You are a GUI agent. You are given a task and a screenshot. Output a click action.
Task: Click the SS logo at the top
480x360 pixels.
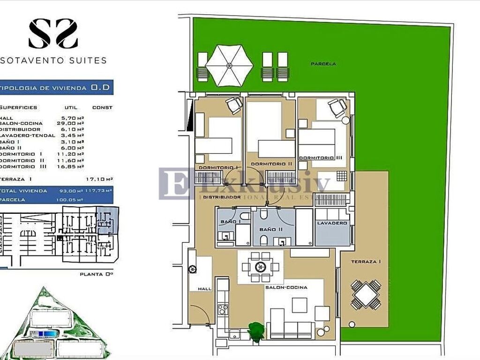[53, 33]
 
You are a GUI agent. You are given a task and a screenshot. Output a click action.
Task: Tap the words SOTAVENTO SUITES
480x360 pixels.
[53, 60]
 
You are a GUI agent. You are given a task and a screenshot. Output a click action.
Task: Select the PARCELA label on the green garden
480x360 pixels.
[323, 64]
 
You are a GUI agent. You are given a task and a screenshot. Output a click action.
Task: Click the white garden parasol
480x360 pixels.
[229, 66]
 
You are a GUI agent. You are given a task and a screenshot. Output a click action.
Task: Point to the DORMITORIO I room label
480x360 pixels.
[218, 167]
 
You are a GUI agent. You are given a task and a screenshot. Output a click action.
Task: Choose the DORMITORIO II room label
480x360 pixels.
[271, 164]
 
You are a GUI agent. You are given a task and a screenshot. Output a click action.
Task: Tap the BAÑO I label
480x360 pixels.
[227, 221]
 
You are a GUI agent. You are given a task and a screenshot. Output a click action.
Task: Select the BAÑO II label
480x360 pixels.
[272, 230]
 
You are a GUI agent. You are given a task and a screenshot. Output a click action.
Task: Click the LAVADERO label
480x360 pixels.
[332, 223]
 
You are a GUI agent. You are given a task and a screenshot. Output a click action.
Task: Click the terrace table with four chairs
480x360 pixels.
[366, 295]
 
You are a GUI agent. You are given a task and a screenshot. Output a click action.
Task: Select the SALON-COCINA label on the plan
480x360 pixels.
[286, 287]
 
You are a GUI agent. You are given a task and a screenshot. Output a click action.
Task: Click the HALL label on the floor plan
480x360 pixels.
[205, 289]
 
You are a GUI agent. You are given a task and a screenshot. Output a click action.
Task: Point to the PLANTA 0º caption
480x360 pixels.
[97, 274]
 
